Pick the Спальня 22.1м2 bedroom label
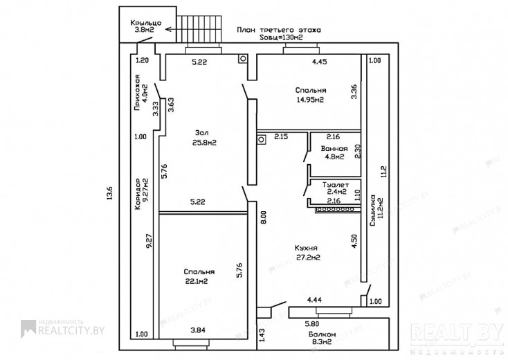[x=199, y=277]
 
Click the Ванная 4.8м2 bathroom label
[x=333, y=152]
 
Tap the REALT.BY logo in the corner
[x=456, y=332]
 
